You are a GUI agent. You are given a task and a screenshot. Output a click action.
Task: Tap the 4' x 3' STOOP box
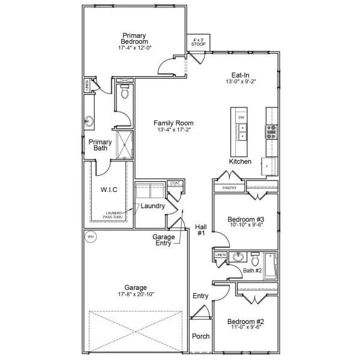[196, 42]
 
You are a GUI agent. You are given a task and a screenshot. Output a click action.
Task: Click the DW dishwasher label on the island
[241, 118]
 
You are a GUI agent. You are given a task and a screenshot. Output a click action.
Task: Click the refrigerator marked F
[266, 165]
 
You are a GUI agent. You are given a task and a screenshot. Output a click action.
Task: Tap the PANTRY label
[229, 188]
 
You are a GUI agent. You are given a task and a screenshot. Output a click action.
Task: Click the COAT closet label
[175, 183]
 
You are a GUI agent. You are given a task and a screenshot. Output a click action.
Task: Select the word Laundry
[153, 206]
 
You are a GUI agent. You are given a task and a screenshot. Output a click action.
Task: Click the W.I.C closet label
[109, 190]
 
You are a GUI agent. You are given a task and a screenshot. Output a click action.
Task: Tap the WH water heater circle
[91, 236]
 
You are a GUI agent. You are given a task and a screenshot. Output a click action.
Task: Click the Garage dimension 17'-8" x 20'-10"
[135, 295]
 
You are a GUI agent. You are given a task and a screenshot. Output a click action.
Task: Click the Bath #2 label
[253, 271]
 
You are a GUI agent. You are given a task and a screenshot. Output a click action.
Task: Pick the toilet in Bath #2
[256, 260]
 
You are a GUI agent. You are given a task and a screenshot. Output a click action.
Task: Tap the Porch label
[200, 336]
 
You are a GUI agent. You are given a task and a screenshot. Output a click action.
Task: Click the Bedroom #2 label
[247, 322]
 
